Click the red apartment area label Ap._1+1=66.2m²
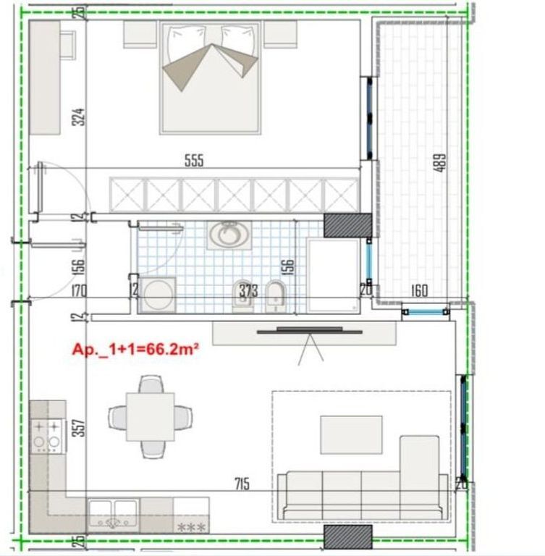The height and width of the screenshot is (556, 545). (x=135, y=349)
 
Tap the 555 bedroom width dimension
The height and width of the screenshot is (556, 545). (x=194, y=161)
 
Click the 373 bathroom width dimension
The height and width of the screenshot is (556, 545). (x=248, y=292)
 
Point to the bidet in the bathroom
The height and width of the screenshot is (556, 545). (x=275, y=294)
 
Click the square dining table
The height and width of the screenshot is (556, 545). (x=150, y=416)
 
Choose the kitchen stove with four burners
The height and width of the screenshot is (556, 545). (x=46, y=434)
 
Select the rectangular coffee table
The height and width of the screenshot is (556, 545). (x=351, y=434)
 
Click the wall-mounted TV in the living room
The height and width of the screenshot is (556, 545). (x=310, y=331)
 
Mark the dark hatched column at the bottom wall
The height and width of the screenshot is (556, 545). (x=347, y=536)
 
